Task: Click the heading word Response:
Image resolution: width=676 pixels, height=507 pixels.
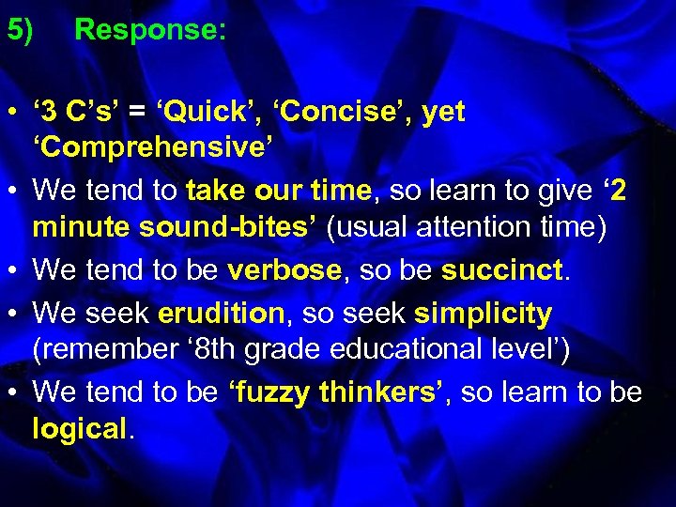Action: (150, 30)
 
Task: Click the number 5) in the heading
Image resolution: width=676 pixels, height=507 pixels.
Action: (21, 30)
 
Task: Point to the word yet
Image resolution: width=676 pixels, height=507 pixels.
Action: (444, 113)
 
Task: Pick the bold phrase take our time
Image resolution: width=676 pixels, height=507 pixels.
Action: (279, 191)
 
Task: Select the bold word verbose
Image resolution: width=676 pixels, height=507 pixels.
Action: (285, 270)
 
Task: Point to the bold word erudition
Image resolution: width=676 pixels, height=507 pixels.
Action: (223, 312)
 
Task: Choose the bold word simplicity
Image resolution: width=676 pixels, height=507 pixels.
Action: (483, 312)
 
